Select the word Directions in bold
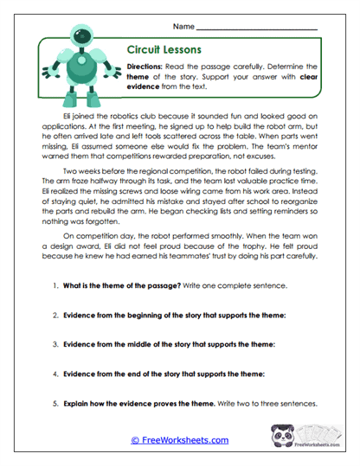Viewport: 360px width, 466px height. click(146, 66)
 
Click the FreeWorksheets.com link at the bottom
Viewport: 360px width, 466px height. click(179, 440)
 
